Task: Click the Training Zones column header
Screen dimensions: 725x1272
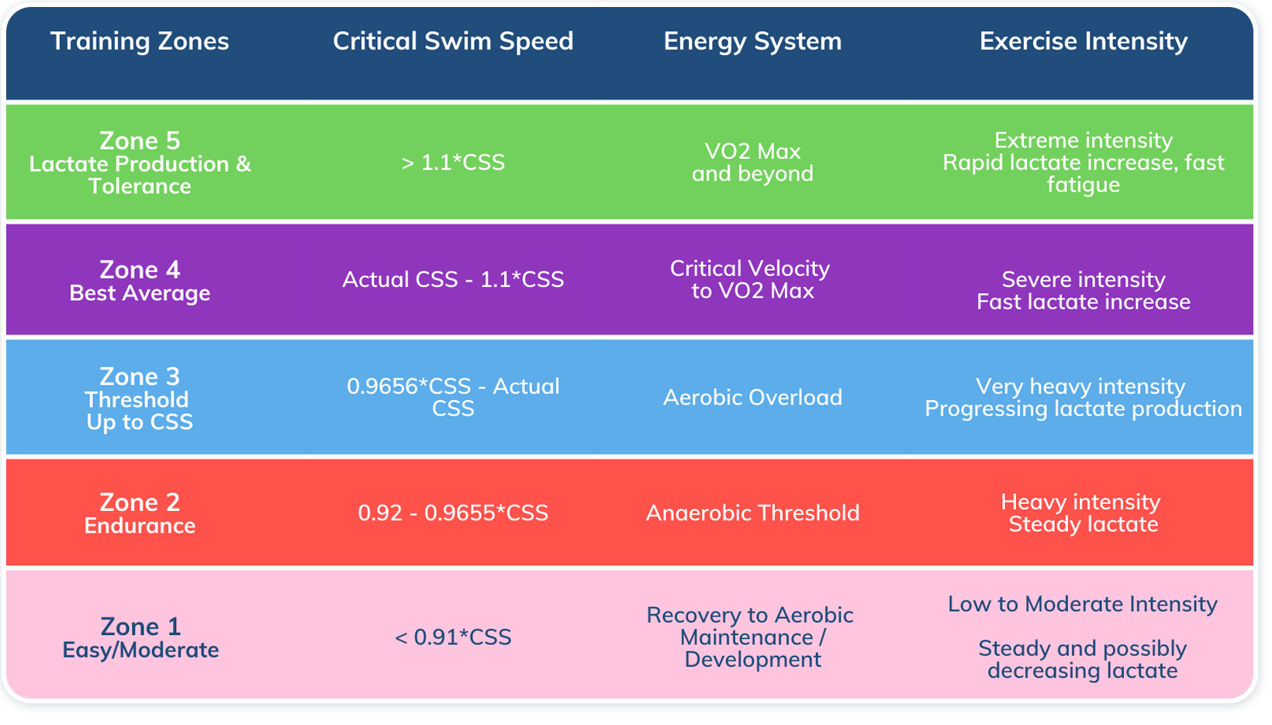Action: [140, 41]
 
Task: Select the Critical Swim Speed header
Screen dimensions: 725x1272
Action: [453, 41]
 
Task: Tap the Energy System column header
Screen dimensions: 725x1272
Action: [752, 41]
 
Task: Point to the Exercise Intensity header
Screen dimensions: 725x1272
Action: [1083, 41]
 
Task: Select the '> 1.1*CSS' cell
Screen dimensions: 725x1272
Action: [453, 162]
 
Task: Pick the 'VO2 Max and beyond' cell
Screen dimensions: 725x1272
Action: [752, 162]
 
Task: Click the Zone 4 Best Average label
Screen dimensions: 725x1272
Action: [140, 280]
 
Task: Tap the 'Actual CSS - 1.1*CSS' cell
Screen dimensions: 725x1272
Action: [453, 279]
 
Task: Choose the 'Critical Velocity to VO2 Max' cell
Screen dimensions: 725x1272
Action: [750, 279]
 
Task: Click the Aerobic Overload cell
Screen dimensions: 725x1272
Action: [752, 397]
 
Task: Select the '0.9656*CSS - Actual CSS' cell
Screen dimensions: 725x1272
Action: [453, 397]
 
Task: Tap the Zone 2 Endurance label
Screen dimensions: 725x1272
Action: [140, 513]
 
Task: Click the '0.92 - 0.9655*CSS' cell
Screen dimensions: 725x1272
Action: [453, 513]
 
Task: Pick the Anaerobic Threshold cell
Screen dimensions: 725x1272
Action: [752, 513]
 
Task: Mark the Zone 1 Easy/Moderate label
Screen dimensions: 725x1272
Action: [140, 637]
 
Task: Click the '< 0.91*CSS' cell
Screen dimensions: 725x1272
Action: [453, 637]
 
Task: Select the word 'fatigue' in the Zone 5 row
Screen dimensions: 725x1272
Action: [1083, 185]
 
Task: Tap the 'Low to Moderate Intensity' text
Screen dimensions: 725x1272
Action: [1083, 604]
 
